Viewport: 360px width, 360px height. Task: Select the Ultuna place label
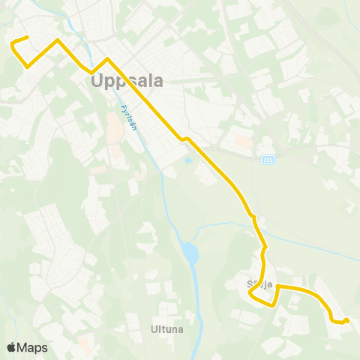(166, 328)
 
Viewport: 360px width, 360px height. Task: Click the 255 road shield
(268, 159)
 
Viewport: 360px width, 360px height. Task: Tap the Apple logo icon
(11, 347)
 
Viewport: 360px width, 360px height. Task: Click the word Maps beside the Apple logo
(32, 347)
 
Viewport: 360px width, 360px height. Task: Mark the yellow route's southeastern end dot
(346, 321)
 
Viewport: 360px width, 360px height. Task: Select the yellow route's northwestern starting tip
(27, 37)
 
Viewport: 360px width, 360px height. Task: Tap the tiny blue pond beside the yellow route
(188, 159)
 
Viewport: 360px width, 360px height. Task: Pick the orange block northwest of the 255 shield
(243, 139)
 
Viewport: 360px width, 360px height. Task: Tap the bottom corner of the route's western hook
(28, 67)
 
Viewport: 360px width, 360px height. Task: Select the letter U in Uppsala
(97, 80)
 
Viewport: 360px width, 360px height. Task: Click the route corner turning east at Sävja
(278, 286)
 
